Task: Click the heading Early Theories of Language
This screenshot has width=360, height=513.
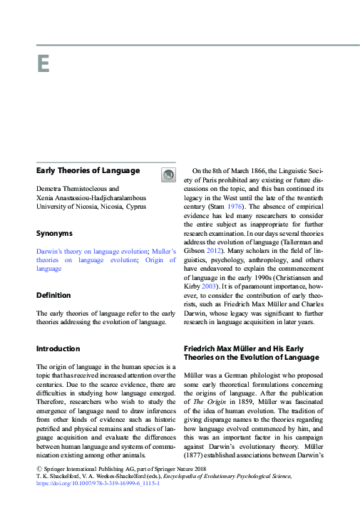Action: (x=88, y=171)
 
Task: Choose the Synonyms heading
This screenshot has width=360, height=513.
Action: (x=54, y=233)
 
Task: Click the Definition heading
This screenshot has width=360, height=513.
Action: (x=53, y=295)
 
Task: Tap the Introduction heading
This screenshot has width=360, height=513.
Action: (x=58, y=348)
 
